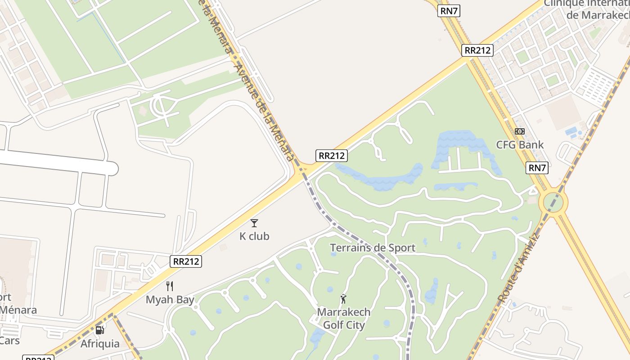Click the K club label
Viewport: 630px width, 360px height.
pyautogui.click(x=254, y=236)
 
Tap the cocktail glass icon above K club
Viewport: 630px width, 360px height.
pyautogui.click(x=254, y=223)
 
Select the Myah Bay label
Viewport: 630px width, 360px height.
pyautogui.click(x=170, y=300)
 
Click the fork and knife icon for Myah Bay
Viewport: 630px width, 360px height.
pyautogui.click(x=170, y=286)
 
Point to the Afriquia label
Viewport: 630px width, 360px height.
pyautogui.click(x=100, y=344)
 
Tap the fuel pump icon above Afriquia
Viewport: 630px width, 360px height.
pyautogui.click(x=100, y=330)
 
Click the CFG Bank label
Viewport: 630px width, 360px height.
pyautogui.click(x=520, y=144)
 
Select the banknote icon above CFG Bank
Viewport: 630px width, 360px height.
pyautogui.click(x=520, y=131)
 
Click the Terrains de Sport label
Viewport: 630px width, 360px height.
pyautogui.click(x=373, y=247)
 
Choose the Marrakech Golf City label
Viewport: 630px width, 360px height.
pyautogui.click(x=344, y=318)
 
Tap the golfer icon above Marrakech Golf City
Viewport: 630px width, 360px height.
pyautogui.click(x=343, y=298)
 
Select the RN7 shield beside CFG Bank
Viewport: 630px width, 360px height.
pyautogui.click(x=537, y=168)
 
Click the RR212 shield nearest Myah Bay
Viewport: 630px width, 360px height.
pyautogui.click(x=186, y=261)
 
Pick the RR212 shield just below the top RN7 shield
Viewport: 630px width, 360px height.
pyautogui.click(x=477, y=50)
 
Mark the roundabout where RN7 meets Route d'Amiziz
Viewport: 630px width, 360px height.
pyautogui.click(x=553, y=202)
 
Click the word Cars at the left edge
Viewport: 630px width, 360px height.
pyautogui.click(x=9, y=340)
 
